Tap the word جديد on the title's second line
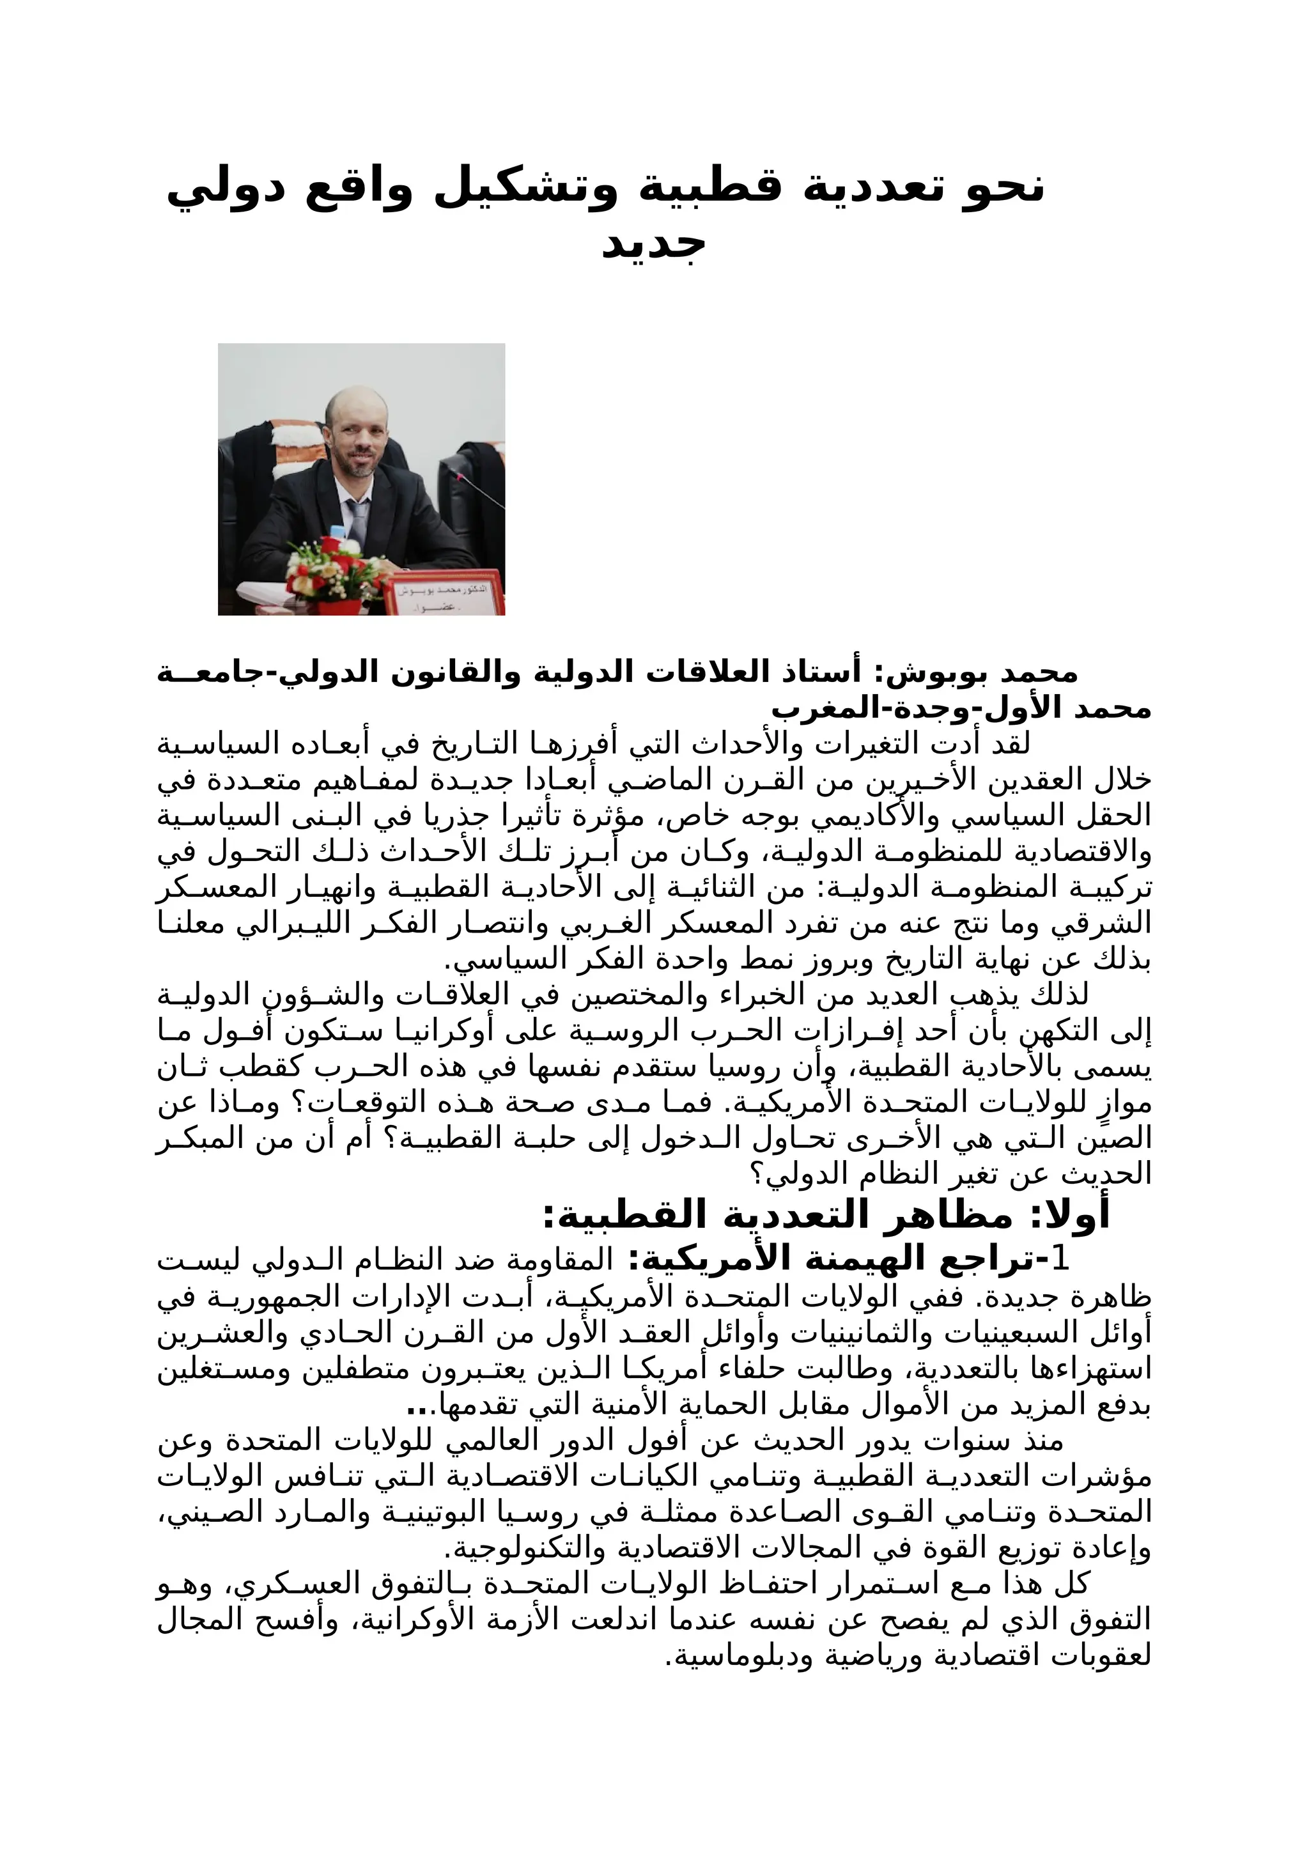(654, 244)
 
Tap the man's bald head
(355, 403)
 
